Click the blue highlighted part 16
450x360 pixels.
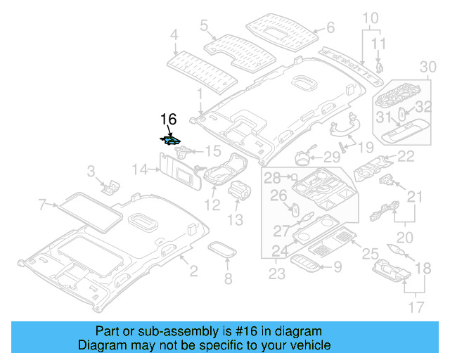(170, 141)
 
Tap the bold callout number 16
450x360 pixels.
(169, 119)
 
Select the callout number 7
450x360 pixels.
(42, 205)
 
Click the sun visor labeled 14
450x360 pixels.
(180, 172)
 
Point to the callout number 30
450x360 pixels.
(428, 67)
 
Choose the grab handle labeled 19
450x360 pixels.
(343, 127)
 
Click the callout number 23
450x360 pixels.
(276, 274)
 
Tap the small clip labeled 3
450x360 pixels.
(110, 187)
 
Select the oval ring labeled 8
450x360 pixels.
(222, 250)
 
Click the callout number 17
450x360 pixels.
(416, 307)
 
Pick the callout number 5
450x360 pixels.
(204, 25)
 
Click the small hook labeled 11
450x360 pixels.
(380, 67)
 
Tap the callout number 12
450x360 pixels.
(212, 205)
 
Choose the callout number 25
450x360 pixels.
(370, 254)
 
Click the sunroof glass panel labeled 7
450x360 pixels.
(90, 213)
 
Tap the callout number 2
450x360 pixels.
(194, 271)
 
